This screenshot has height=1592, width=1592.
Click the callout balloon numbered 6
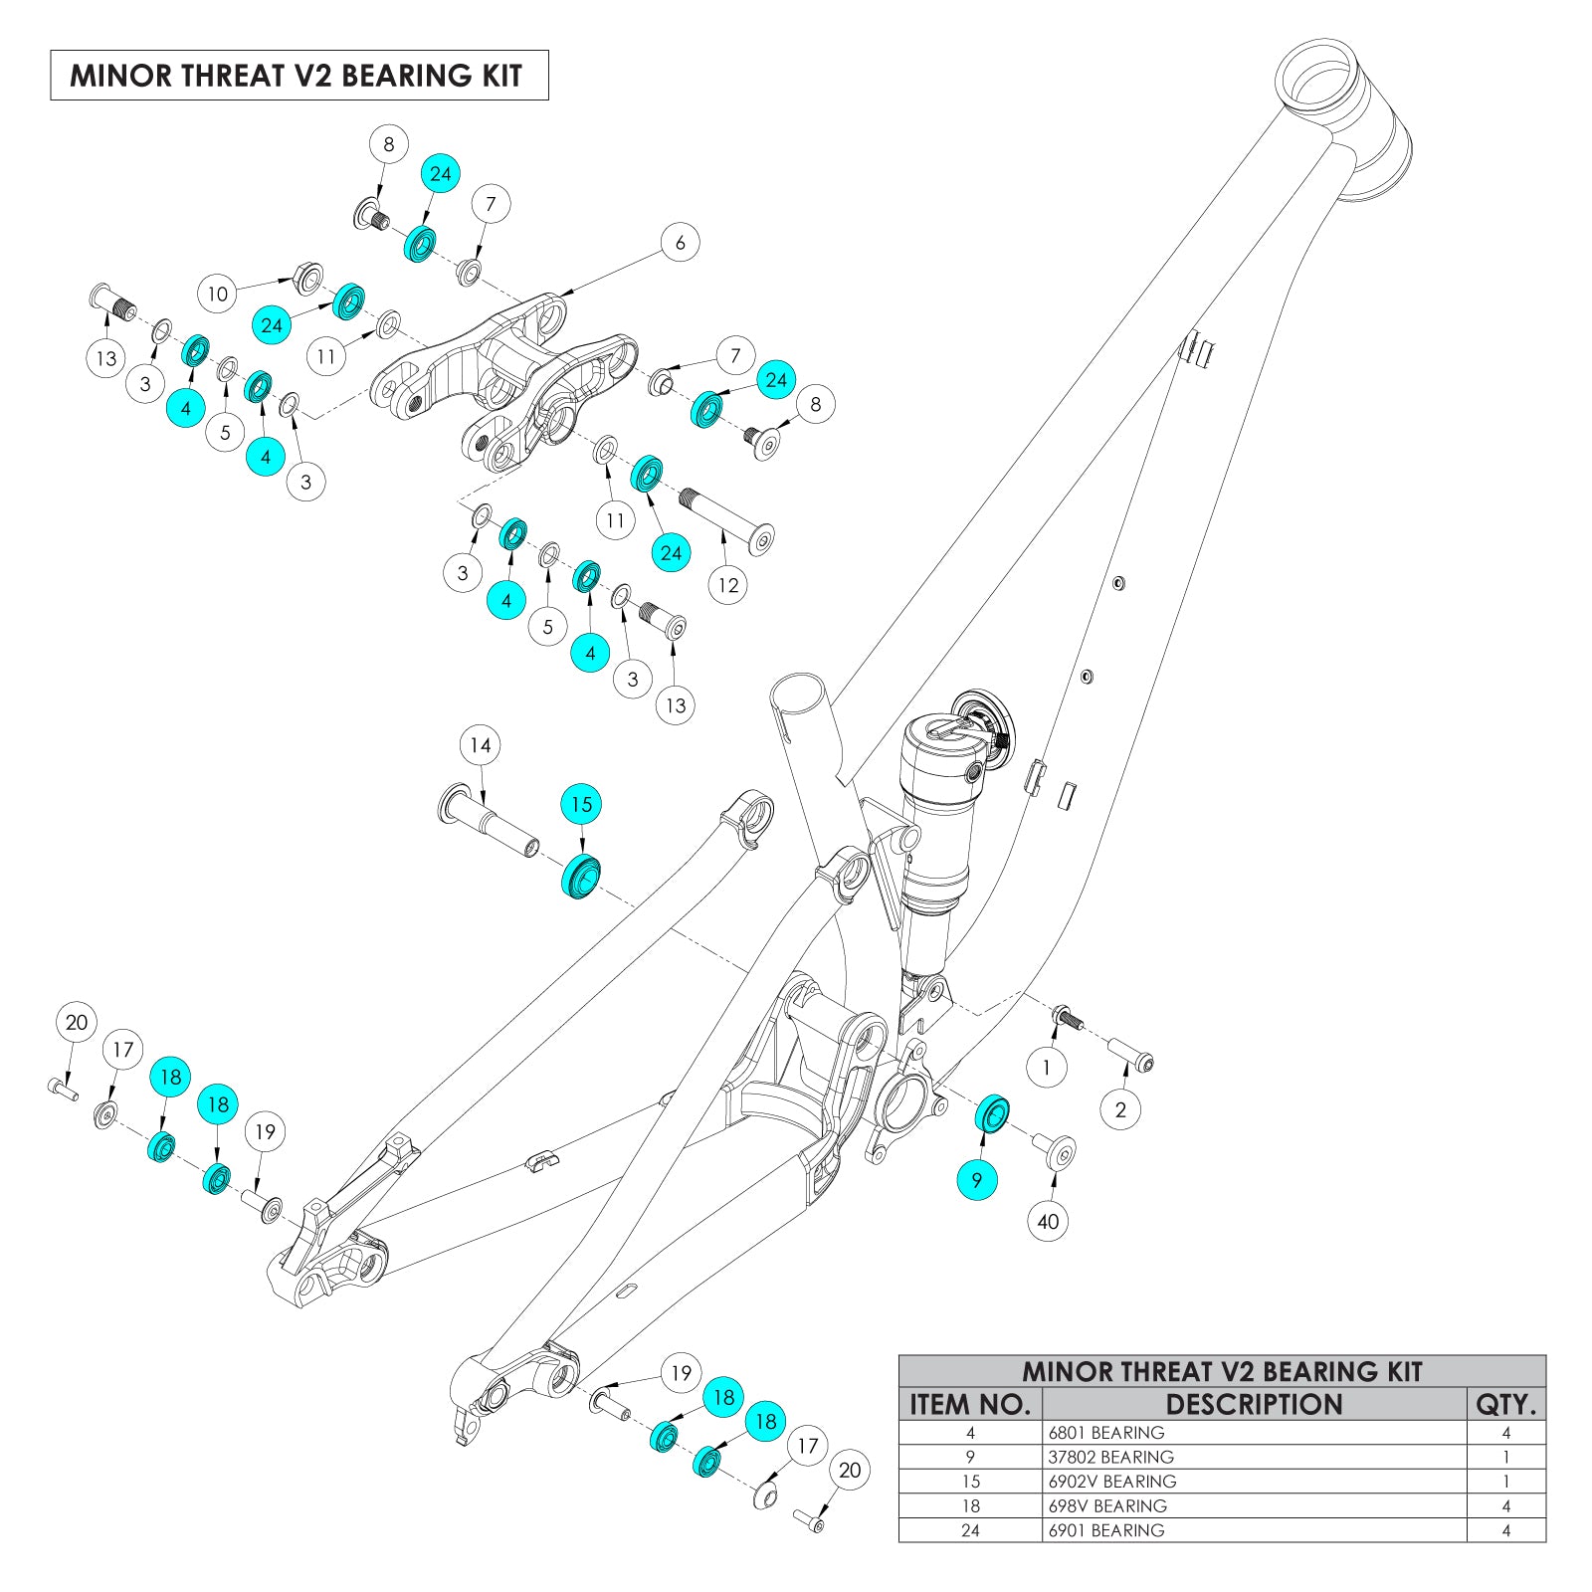coord(681,242)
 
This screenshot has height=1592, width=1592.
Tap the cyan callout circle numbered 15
coord(581,804)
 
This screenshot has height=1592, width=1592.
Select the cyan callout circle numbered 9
coord(977,1180)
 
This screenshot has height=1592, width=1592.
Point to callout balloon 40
coord(1048,1221)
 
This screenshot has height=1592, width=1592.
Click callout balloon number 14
coord(481,745)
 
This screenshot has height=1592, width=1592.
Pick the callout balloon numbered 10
coord(217,294)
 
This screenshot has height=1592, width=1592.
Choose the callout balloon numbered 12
coord(728,585)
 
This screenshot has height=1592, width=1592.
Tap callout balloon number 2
coord(1120,1109)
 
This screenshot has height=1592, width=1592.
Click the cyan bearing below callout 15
coord(581,876)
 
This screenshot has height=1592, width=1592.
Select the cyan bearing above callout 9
coord(992,1113)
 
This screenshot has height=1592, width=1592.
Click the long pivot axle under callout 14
coord(490,818)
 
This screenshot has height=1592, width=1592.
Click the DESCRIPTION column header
coord(1254,1404)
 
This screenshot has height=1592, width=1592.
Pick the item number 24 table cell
coord(970,1530)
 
